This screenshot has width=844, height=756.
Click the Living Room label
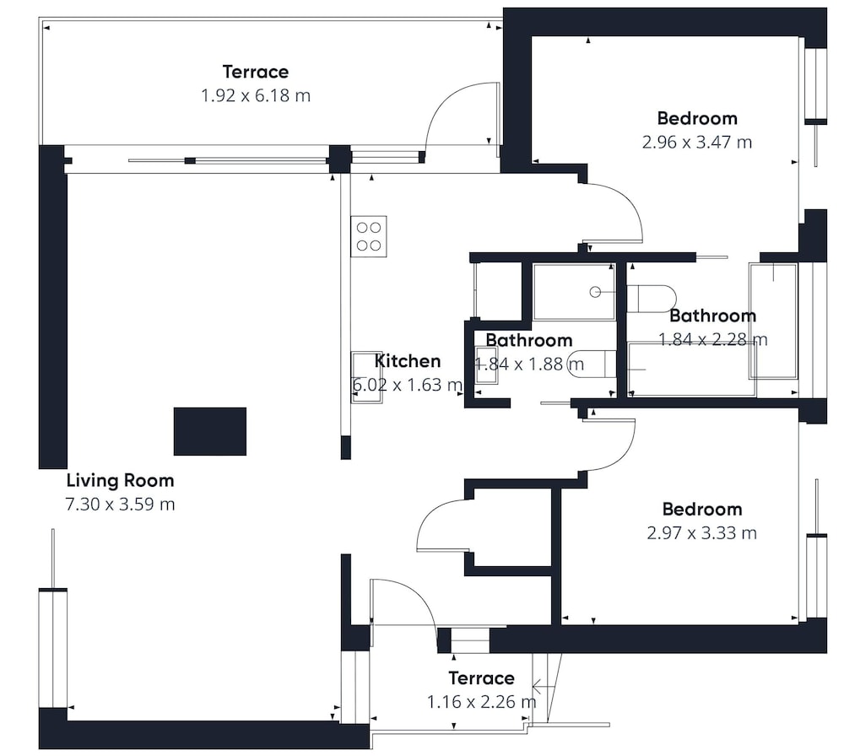click(120, 480)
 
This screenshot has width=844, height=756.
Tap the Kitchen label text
click(408, 361)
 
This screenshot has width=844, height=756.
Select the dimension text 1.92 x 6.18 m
click(256, 96)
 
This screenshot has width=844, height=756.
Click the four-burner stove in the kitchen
click(369, 236)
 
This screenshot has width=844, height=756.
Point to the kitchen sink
click(367, 377)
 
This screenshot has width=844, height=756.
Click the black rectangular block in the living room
click(210, 431)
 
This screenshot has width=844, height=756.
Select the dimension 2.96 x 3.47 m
click(697, 143)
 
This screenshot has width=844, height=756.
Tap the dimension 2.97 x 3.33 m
click(702, 533)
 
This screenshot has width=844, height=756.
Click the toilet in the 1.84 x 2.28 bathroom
click(652, 299)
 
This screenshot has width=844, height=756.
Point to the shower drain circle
click(595, 292)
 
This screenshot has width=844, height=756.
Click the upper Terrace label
click(256, 72)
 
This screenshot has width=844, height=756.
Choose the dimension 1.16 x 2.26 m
click(481, 702)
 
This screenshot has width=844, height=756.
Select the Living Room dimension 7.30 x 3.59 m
click(120, 505)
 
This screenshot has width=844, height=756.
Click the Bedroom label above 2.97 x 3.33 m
click(702, 509)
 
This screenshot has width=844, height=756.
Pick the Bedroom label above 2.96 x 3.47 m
click(697, 118)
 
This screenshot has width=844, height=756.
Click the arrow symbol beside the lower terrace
click(544, 687)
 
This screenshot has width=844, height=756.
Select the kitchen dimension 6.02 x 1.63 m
click(408, 386)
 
